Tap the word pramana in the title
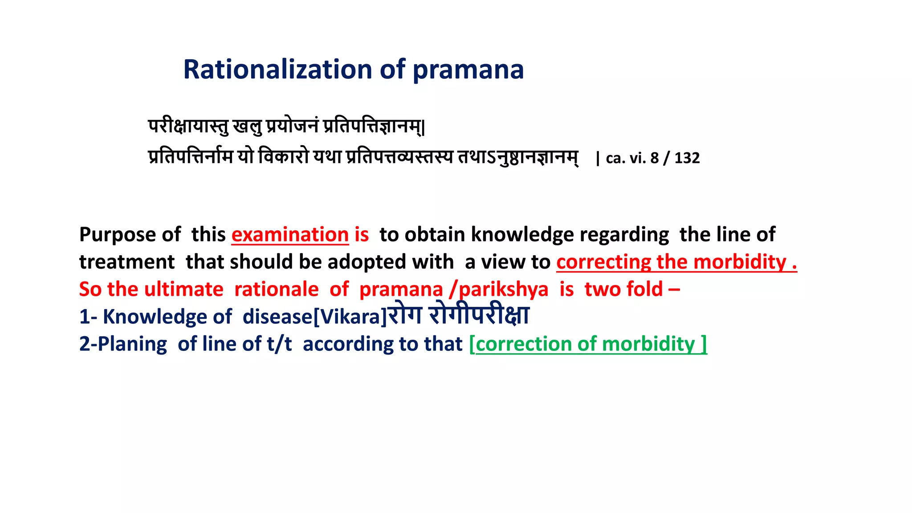(468, 69)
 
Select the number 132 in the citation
(687, 158)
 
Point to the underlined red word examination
(290, 235)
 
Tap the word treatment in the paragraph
(127, 262)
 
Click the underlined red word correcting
(603, 262)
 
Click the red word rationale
(276, 289)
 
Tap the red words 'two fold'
(624, 289)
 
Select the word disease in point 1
(277, 317)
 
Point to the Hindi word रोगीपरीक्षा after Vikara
(479, 315)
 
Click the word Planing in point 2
(132, 344)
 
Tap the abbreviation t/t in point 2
(279, 344)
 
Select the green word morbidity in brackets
(648, 344)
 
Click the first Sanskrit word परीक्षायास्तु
(188, 126)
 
